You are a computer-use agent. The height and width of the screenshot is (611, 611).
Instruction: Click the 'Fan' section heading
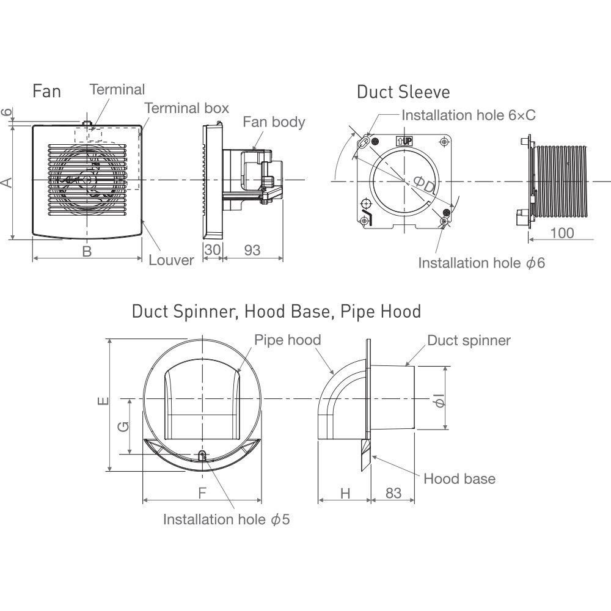coord(47,92)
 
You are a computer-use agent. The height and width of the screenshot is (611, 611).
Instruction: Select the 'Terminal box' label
coord(186,108)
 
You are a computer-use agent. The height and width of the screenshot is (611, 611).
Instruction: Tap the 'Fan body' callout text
coord(274,122)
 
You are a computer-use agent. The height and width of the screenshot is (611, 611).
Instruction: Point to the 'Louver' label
coord(172,260)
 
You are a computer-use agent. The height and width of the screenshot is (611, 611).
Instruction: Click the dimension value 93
coord(252,250)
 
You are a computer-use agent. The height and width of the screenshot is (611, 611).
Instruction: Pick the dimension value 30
coord(212,250)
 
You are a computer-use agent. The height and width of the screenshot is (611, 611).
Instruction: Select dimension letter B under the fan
coord(87,251)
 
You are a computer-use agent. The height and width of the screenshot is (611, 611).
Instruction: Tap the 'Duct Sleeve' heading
coord(403,92)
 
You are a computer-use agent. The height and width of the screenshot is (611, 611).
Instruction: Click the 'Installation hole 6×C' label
coord(469,115)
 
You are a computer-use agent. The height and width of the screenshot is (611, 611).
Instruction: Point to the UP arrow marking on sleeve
coord(404,140)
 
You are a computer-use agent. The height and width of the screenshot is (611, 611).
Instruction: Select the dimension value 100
coord(562,233)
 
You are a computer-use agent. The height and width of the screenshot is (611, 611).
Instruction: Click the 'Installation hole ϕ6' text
coord(481,263)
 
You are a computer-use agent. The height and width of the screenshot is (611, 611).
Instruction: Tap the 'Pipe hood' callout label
coord(287,340)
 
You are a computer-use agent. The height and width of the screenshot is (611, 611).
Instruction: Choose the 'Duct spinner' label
coord(469,340)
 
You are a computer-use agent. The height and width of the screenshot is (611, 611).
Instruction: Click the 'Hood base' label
coord(459,478)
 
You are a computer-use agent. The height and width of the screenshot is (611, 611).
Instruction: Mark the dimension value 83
coord(394,493)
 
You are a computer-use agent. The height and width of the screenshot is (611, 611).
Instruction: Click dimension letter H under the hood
coord(345,493)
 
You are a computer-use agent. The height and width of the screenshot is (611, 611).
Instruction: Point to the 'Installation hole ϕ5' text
coord(225,520)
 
